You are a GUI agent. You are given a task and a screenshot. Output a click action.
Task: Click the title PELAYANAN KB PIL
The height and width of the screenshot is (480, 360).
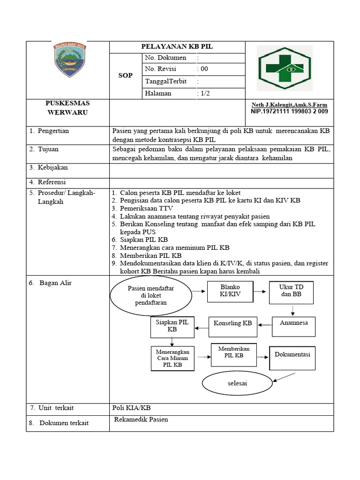coord(177,47)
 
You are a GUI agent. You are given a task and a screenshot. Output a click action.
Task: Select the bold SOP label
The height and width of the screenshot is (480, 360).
coord(125,75)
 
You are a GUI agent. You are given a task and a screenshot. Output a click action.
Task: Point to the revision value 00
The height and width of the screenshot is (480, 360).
coord(203,69)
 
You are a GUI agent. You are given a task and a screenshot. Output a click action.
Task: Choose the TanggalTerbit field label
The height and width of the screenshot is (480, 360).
coord(165,81)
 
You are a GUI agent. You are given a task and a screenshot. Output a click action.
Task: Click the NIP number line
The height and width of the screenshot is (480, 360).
coord(289,112)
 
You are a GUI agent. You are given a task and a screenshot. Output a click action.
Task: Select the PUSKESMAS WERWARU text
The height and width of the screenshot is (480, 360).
coord(67,108)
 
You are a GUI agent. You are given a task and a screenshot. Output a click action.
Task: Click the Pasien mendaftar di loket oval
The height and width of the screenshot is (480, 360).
coord(150,296)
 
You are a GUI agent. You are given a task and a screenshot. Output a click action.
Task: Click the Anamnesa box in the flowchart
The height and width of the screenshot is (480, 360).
coord(293,323)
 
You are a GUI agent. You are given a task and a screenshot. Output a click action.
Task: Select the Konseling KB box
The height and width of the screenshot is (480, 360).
coord(232,323)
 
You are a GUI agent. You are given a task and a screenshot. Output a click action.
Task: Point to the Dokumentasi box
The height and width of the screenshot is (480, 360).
coord(292,355)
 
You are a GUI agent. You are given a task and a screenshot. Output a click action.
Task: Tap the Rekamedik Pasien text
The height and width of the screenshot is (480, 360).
coord(141,420)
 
